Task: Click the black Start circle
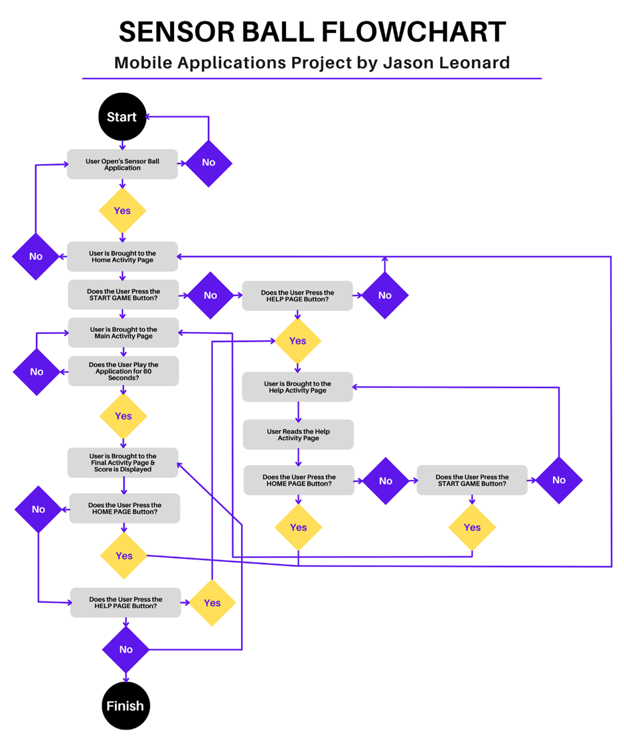[x=121, y=117]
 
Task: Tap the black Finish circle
[x=125, y=706]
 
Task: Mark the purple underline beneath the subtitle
[x=311, y=78]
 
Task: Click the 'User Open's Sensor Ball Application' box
[x=122, y=164]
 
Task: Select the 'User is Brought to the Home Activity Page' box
[x=122, y=256]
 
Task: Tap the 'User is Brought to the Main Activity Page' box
[x=123, y=333]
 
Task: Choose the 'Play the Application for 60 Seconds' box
[x=123, y=371]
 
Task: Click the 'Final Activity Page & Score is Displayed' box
[x=123, y=463]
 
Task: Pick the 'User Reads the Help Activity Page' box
[x=298, y=435]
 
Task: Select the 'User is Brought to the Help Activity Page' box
[x=297, y=387]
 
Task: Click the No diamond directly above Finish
[x=125, y=649]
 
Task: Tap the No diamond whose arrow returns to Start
[x=208, y=163]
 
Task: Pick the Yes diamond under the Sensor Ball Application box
[x=122, y=210]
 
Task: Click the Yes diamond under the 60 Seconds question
[x=123, y=416]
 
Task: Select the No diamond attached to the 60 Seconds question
[x=37, y=372]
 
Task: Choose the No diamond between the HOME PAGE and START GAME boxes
[x=386, y=481]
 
